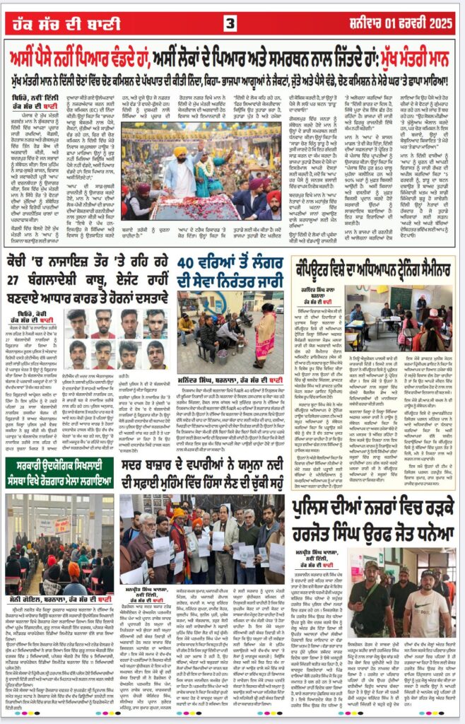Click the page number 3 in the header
[230, 23]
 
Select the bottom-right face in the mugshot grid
[157, 353]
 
